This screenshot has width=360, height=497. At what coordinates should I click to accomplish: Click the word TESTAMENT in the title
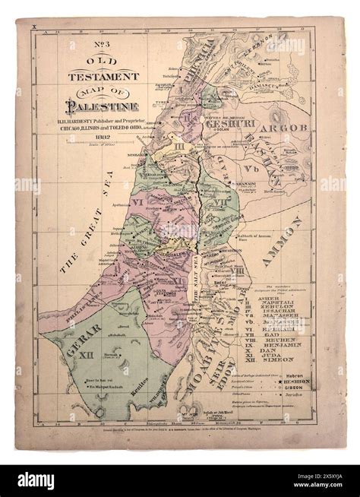coord(104,77)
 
